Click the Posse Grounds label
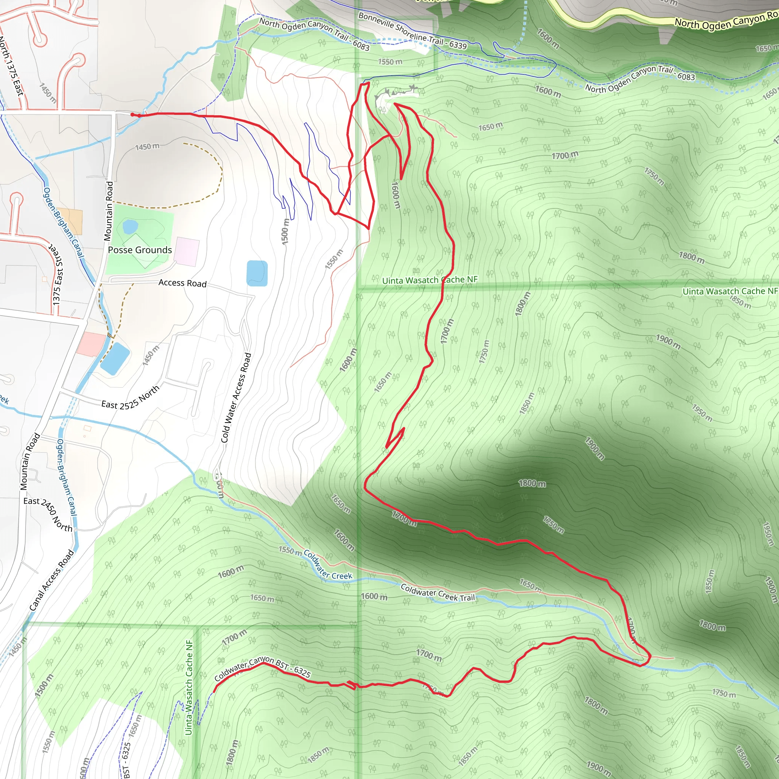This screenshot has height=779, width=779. click(140, 250)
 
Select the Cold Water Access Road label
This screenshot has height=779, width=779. click(236, 398)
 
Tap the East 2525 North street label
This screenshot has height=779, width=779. click(130, 398)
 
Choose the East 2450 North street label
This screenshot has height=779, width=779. click(48, 514)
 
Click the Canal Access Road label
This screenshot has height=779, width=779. click(52, 580)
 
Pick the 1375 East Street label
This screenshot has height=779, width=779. click(58, 274)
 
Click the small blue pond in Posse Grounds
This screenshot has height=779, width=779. click(130, 227)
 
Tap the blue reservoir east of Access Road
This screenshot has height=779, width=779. click(257, 273)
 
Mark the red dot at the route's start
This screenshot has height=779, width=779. click(132, 114)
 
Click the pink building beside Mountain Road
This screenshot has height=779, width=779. click(92, 344)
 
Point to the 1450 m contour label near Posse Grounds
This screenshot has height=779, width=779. click(147, 147)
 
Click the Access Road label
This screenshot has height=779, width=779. click(182, 283)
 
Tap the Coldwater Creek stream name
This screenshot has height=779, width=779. click(328, 565)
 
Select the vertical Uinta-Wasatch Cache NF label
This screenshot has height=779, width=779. click(189, 687)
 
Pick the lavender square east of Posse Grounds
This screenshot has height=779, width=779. click(187, 251)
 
